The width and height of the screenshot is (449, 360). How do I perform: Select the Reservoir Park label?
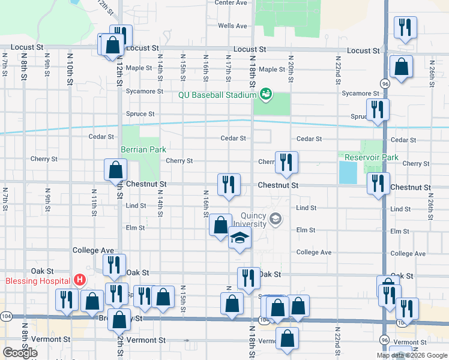(372, 157)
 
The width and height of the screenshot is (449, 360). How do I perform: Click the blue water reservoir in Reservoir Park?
(347, 173)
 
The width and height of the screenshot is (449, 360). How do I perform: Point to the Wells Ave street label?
(232, 26)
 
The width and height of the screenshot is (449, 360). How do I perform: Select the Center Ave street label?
(231, 3)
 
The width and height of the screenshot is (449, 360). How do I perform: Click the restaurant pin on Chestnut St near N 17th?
(228, 185)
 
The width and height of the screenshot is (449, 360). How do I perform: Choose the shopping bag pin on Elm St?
(220, 226)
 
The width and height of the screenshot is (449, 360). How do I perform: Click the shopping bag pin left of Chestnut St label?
(115, 170)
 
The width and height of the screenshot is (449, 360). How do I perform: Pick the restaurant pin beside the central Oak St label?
(248, 278)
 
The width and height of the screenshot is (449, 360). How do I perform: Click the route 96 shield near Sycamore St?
(385, 85)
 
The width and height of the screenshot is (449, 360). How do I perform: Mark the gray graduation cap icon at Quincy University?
(275, 218)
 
